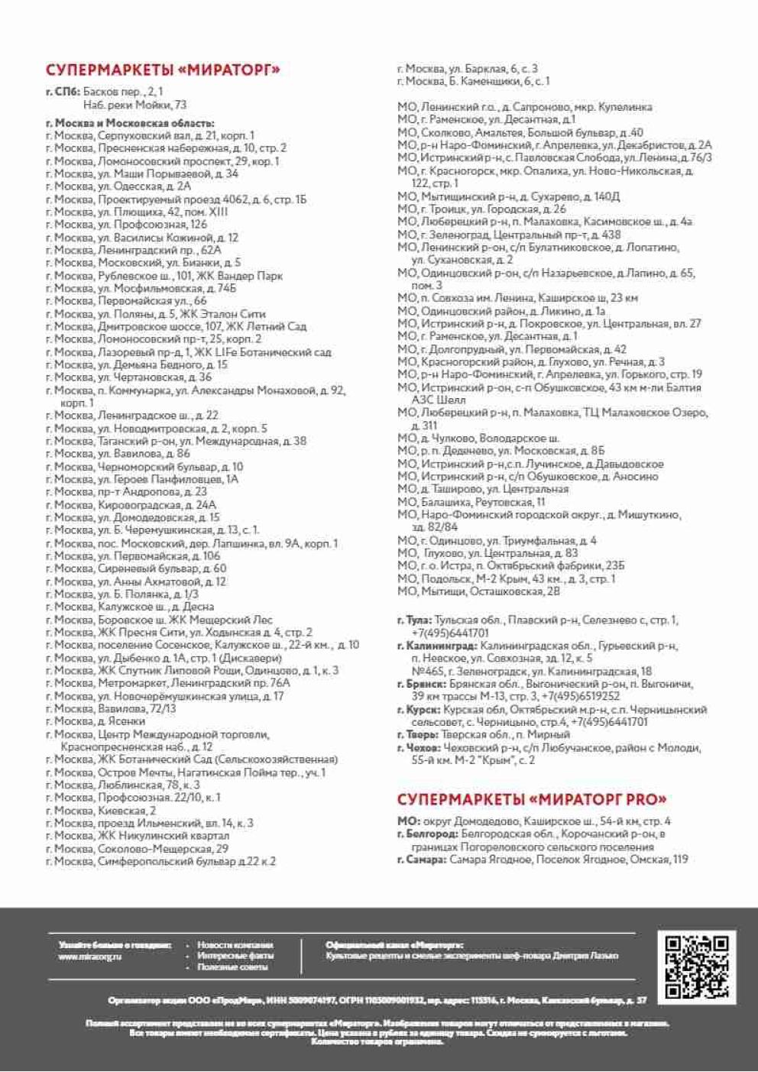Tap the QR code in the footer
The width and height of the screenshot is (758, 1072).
696,967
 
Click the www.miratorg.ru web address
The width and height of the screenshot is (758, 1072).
90,957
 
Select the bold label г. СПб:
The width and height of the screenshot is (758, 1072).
62,92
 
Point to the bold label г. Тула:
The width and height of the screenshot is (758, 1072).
414,620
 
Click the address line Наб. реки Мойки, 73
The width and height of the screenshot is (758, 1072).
134,105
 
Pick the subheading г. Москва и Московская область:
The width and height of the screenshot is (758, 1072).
130,123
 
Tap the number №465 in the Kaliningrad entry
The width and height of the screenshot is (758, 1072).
425,672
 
